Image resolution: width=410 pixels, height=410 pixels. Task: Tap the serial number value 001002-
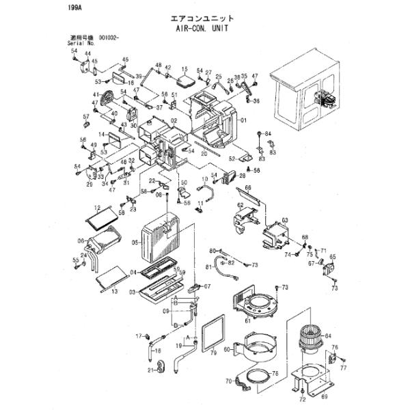110,38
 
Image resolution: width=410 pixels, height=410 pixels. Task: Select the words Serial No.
80,44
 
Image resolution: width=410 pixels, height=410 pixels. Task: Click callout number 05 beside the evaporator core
137,242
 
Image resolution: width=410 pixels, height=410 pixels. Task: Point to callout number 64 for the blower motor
328,336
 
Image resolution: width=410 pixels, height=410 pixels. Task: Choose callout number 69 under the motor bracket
325,396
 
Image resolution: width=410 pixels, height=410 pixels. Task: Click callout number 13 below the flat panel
115,291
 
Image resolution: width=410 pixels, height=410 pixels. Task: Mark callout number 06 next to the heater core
81,240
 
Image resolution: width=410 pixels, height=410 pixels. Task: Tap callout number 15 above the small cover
184,70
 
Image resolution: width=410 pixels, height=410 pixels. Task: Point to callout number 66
249,188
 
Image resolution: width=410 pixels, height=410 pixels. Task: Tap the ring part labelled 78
257,375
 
